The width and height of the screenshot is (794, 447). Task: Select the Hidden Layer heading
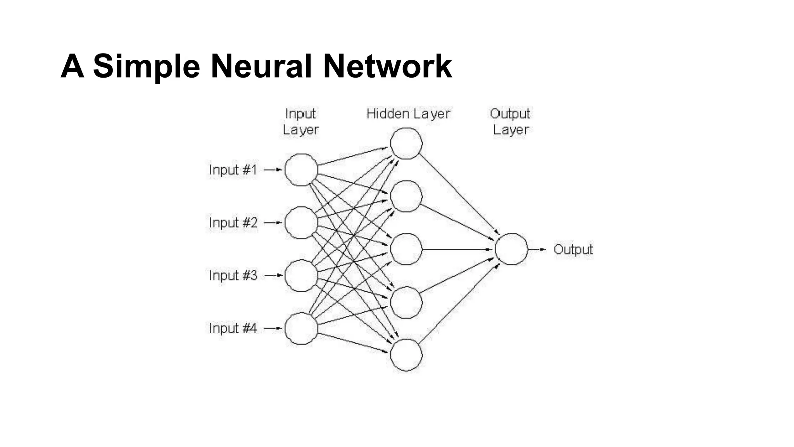click(x=408, y=114)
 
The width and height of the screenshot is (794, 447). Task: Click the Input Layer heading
click(x=300, y=121)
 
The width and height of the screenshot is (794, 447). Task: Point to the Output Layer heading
click(x=510, y=121)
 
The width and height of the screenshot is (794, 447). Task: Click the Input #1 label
click(x=233, y=170)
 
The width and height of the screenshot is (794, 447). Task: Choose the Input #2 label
click(x=233, y=223)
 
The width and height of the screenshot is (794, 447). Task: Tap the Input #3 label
click(x=233, y=275)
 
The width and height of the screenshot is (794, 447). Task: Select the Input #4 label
click(x=233, y=328)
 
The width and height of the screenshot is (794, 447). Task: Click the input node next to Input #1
click(x=301, y=170)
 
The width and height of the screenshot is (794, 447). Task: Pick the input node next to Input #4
click(x=301, y=329)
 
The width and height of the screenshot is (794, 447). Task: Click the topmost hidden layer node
click(x=406, y=144)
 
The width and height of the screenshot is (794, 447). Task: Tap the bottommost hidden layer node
click(x=406, y=355)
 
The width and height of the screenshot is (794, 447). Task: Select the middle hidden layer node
click(x=406, y=249)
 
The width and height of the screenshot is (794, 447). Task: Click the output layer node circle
click(x=511, y=249)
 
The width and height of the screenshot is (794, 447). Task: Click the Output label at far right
click(x=573, y=249)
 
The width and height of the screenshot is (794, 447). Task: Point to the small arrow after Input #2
click(x=273, y=223)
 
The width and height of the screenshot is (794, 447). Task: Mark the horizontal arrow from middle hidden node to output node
click(x=457, y=249)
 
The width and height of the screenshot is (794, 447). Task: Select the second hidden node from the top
click(x=406, y=196)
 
